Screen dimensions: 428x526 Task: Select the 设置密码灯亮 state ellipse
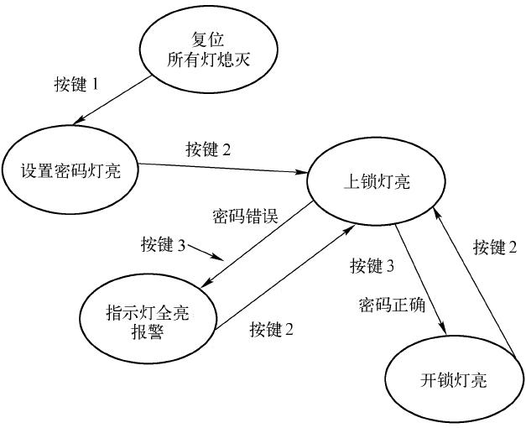(70, 170)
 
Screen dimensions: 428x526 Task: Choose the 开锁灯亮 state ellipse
(453, 379)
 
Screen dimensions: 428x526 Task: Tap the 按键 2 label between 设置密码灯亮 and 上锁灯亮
(208, 151)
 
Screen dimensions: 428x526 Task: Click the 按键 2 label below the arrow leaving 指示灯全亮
(271, 330)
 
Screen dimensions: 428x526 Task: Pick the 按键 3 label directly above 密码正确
(372, 267)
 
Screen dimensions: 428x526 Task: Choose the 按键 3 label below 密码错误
(164, 245)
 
